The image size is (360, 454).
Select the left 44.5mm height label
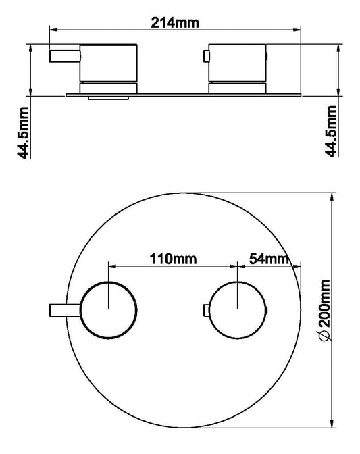[x=25, y=132]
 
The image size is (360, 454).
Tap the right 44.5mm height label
[x=332, y=132]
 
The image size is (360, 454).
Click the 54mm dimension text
[x=269, y=258]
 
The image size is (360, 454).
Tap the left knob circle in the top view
[x=109, y=309]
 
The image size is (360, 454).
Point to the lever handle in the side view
[x=66, y=56]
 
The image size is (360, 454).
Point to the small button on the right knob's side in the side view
[x=267, y=57]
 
